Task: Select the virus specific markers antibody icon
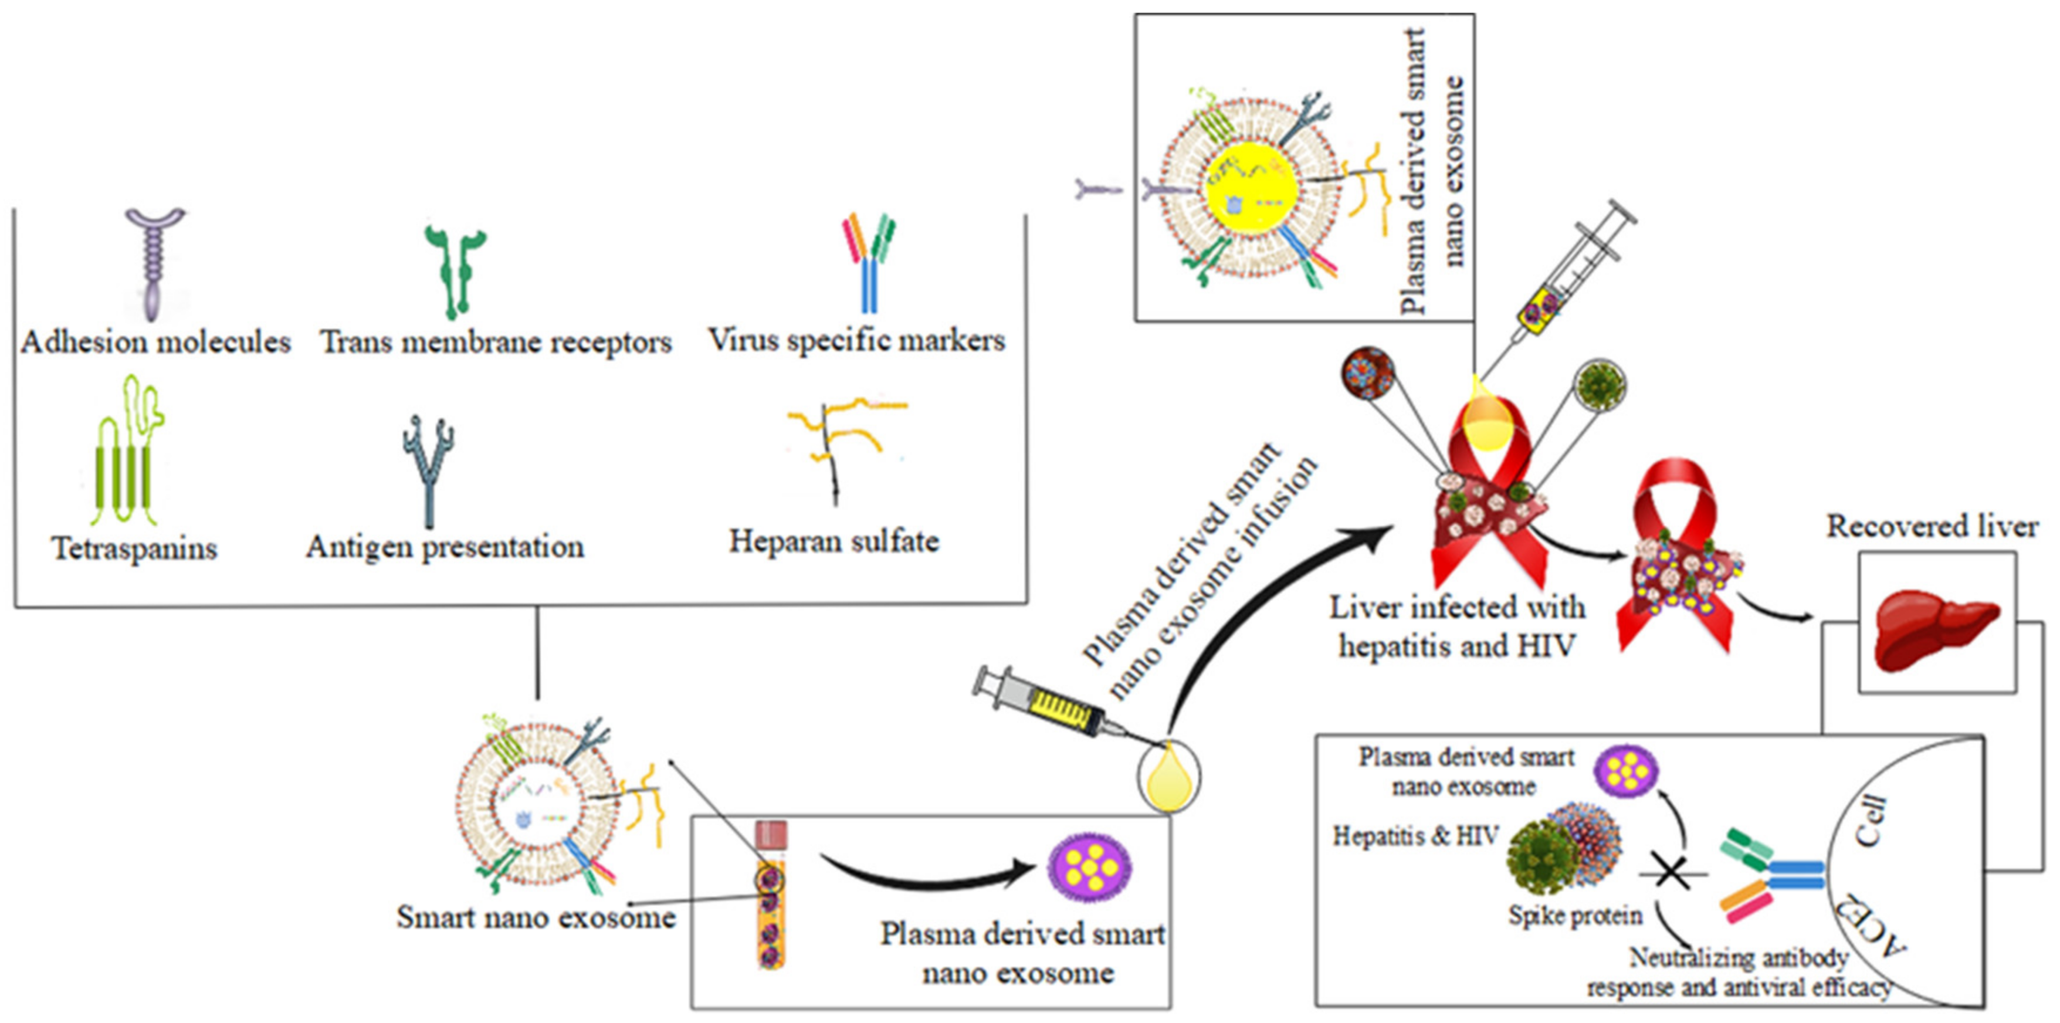click(x=869, y=264)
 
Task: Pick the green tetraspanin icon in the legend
click(x=126, y=456)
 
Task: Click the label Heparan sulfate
click(x=834, y=541)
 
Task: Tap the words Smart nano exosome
click(x=536, y=917)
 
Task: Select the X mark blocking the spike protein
click(x=1671, y=873)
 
